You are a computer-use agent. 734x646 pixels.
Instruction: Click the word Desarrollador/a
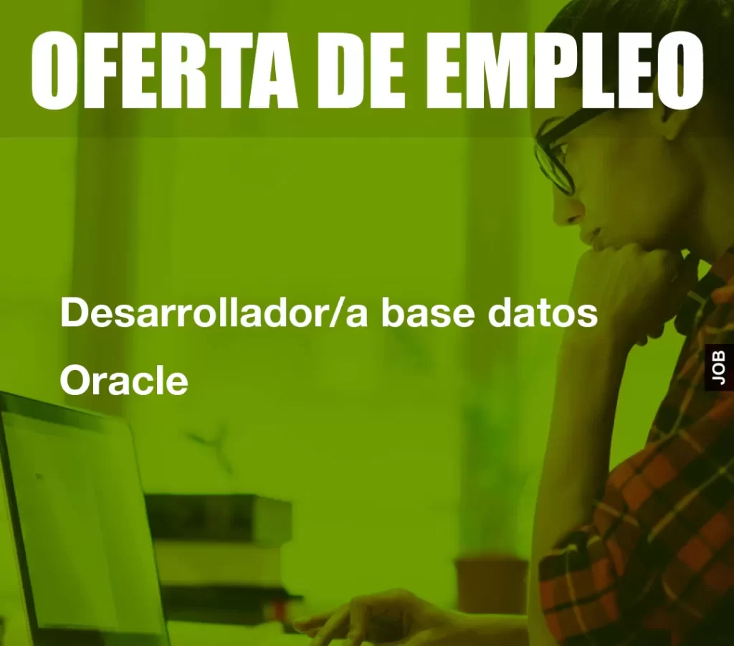point(214,313)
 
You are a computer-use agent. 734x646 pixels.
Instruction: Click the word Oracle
point(124,380)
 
